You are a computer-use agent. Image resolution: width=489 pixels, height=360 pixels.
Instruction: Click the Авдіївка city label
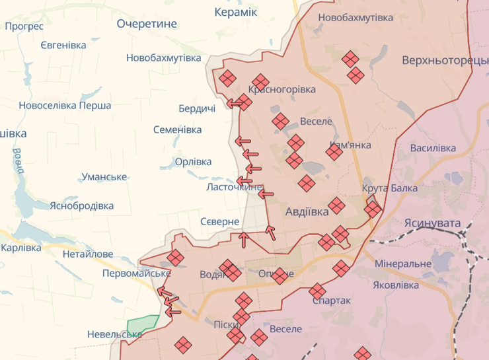tap(307, 212)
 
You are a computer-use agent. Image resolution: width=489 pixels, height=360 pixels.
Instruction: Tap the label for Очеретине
tap(147, 24)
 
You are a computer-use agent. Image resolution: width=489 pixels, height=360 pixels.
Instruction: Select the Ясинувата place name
tap(432, 223)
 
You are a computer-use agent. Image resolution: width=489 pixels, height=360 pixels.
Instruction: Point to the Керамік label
tap(236, 12)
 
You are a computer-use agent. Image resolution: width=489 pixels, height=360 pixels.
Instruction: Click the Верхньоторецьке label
tap(444, 61)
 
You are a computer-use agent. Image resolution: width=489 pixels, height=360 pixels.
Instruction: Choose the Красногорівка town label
tap(282, 89)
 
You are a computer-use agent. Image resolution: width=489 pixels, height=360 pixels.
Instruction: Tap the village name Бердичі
tap(197, 108)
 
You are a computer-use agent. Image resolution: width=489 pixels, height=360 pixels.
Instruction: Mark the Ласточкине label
tap(235, 188)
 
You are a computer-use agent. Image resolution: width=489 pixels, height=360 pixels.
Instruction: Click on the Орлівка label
tap(193, 162)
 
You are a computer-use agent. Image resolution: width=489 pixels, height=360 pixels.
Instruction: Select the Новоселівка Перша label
tap(65, 105)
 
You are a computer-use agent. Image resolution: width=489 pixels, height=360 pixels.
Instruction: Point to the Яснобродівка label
tap(82, 205)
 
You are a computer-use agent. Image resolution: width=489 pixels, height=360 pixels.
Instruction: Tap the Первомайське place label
tap(137, 273)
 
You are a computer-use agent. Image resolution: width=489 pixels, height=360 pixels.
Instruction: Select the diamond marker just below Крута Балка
tap(373, 209)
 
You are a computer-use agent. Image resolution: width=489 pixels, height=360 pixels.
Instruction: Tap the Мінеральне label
tap(402, 264)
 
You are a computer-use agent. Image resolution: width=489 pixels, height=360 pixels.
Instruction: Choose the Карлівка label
tap(21, 248)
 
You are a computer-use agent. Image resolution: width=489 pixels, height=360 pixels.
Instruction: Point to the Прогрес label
tap(24, 26)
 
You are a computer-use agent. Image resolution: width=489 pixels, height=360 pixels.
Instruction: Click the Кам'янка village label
tap(350, 145)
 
